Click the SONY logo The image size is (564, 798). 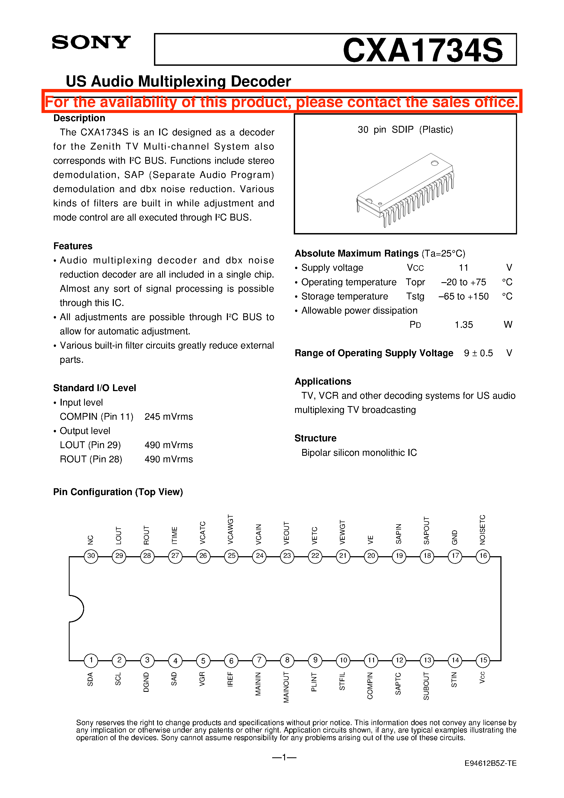tap(91, 42)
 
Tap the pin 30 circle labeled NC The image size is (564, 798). tap(91, 556)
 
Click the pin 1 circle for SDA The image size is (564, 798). tap(91, 660)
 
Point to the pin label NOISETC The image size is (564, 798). tap(482, 529)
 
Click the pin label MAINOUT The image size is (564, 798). tap(286, 687)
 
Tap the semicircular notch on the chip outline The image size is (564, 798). tap(76, 609)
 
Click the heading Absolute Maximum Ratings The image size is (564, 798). tap(357, 253)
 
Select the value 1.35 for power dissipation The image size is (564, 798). tap(464, 324)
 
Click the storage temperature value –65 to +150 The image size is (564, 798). tap(464, 296)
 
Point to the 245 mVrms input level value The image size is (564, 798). tap(169, 417)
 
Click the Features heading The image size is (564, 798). tap(73, 246)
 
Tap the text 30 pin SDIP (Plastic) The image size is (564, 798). tap(405, 130)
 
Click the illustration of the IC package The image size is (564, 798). tap(405, 190)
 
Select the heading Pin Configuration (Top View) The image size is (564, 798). tap(118, 492)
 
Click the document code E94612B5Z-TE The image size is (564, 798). tap(490, 763)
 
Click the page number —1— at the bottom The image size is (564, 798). tap(284, 757)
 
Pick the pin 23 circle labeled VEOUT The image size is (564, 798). tap(287, 556)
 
